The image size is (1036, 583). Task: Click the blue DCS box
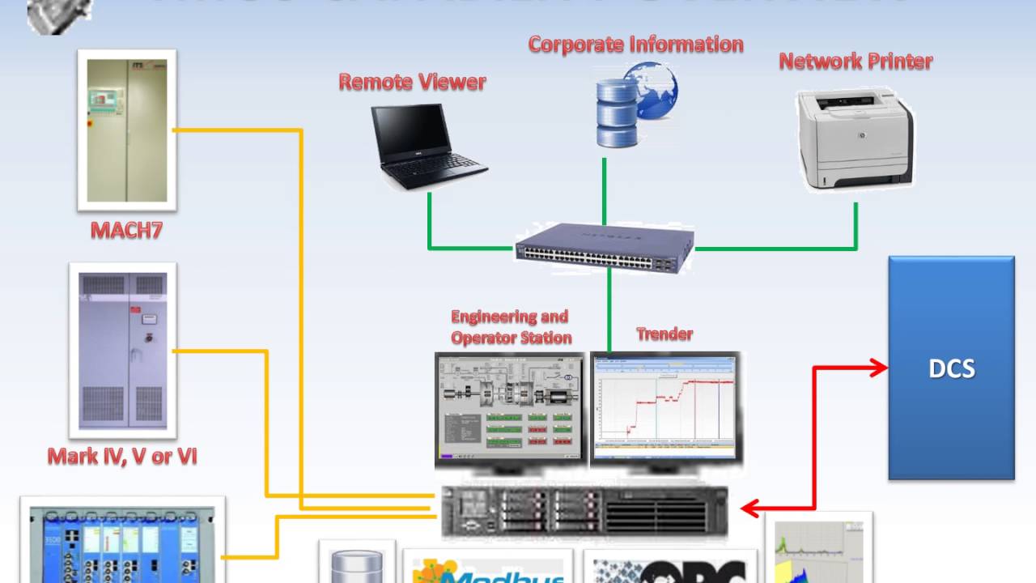951,368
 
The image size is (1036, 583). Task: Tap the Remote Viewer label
412,82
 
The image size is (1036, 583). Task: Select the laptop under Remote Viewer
427,146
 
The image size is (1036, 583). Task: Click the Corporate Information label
635,45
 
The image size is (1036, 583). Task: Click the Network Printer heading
856,61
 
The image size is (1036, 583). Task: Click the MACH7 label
126,230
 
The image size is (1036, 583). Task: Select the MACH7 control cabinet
126,130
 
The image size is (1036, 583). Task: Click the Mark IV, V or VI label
122,456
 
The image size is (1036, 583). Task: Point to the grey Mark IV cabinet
123,350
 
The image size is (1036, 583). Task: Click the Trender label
664,334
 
